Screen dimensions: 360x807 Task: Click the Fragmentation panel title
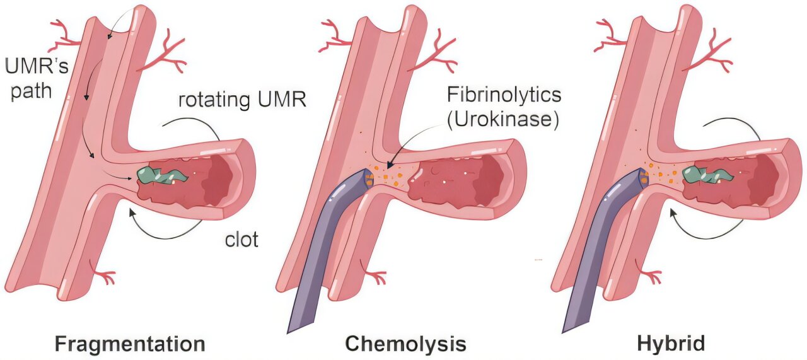(130, 344)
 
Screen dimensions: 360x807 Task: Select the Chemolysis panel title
(406, 344)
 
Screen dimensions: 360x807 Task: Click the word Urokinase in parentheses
(502, 120)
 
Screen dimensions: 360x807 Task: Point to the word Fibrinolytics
(502, 96)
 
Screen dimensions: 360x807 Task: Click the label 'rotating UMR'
(242, 100)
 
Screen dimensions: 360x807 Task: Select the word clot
(241, 240)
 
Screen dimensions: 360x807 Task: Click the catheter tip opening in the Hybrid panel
(643, 177)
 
